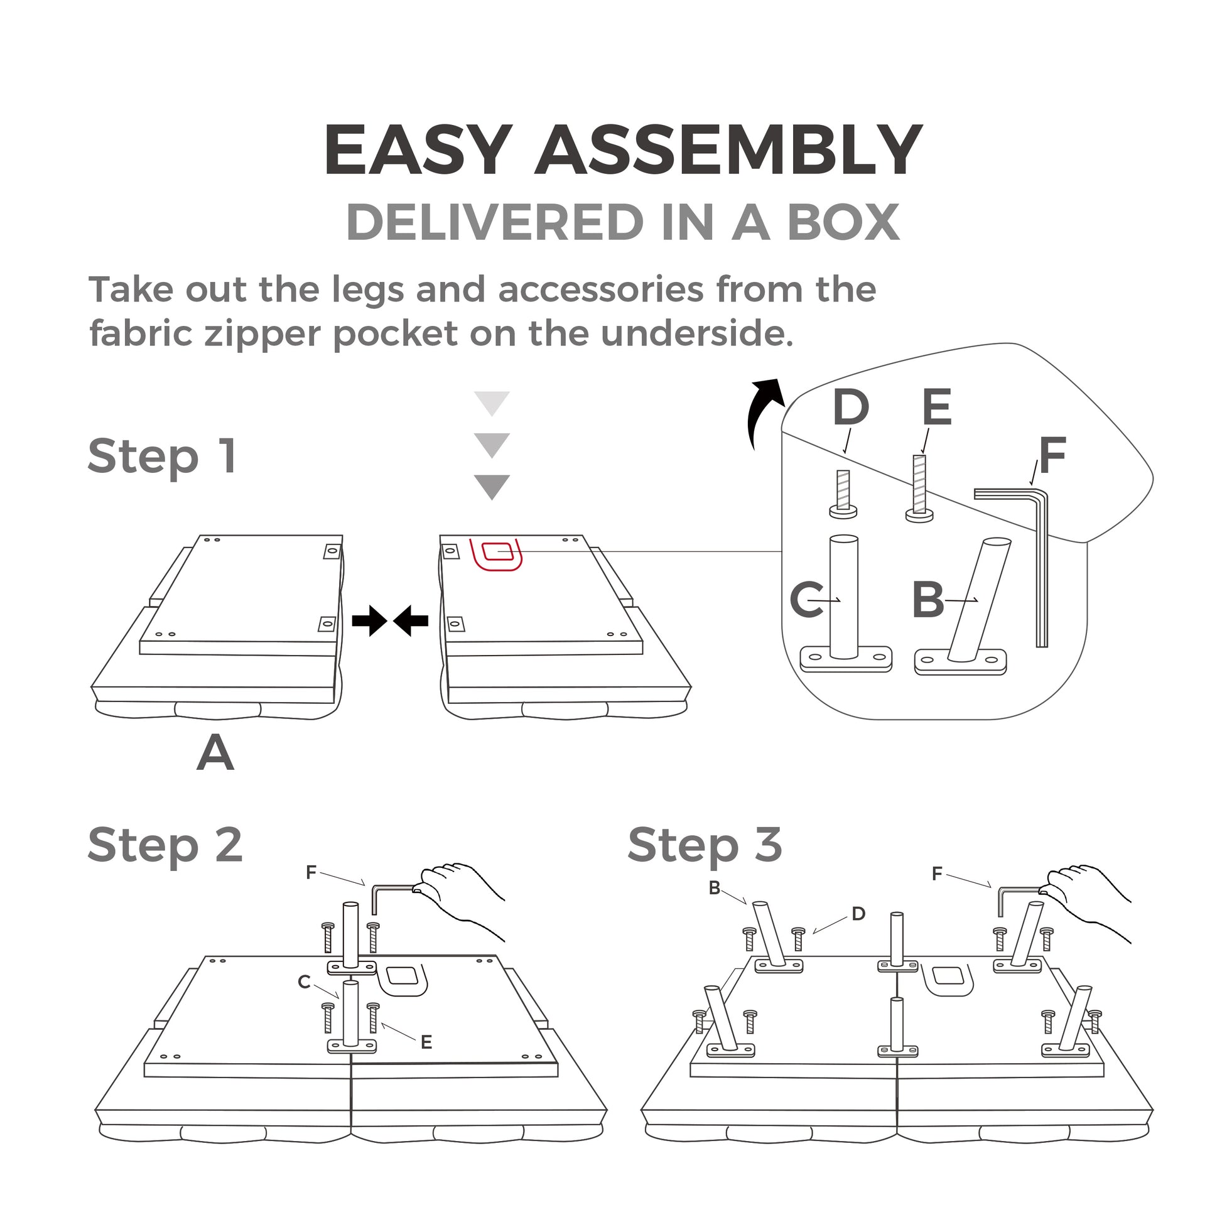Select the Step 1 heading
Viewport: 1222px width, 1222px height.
(x=163, y=456)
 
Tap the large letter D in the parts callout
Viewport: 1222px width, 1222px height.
(x=851, y=408)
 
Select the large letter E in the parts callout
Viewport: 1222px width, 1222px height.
(x=936, y=408)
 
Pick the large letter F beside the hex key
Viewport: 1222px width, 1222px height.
(x=1052, y=456)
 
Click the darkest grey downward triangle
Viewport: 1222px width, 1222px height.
(x=492, y=487)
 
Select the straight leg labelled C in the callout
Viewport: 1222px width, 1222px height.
(x=844, y=601)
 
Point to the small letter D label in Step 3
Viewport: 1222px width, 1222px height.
(x=858, y=913)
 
